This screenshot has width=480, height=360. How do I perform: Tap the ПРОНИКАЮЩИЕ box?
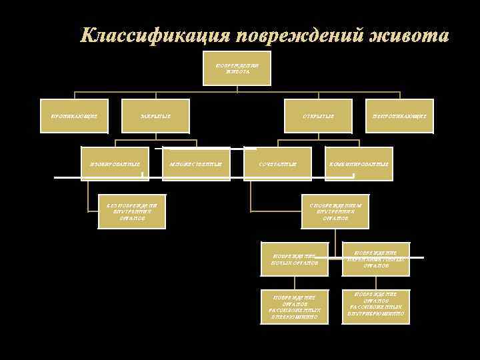pyautogui.click(x=74, y=116)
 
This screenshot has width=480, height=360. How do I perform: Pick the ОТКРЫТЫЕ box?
pyautogui.click(x=317, y=116)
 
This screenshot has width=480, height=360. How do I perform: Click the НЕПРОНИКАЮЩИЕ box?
pyautogui.click(x=399, y=116)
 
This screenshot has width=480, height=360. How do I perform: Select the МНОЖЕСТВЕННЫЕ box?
pyautogui.click(x=196, y=163)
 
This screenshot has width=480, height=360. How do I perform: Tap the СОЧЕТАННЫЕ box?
pyautogui.click(x=277, y=163)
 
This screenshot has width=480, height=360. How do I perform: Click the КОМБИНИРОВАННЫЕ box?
pyautogui.click(x=358, y=163)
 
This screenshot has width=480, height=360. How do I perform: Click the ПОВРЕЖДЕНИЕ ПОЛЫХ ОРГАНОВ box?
pyautogui.click(x=295, y=259)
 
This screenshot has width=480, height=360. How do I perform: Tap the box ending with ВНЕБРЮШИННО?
pyautogui.click(x=295, y=306)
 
